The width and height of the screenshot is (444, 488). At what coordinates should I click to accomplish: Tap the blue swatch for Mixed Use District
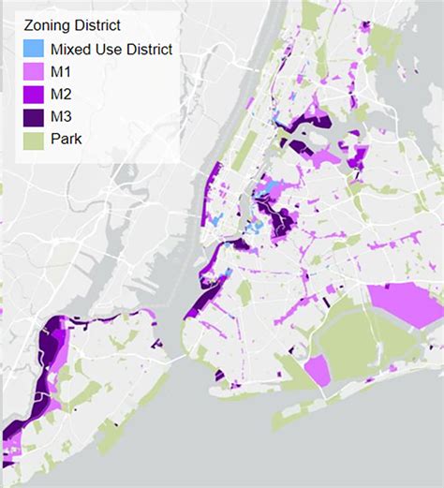click(33, 49)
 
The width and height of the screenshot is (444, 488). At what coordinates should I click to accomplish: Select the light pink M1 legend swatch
click(33, 73)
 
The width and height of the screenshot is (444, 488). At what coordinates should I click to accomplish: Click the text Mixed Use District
click(111, 49)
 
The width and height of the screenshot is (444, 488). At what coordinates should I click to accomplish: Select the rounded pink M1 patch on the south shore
click(317, 371)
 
